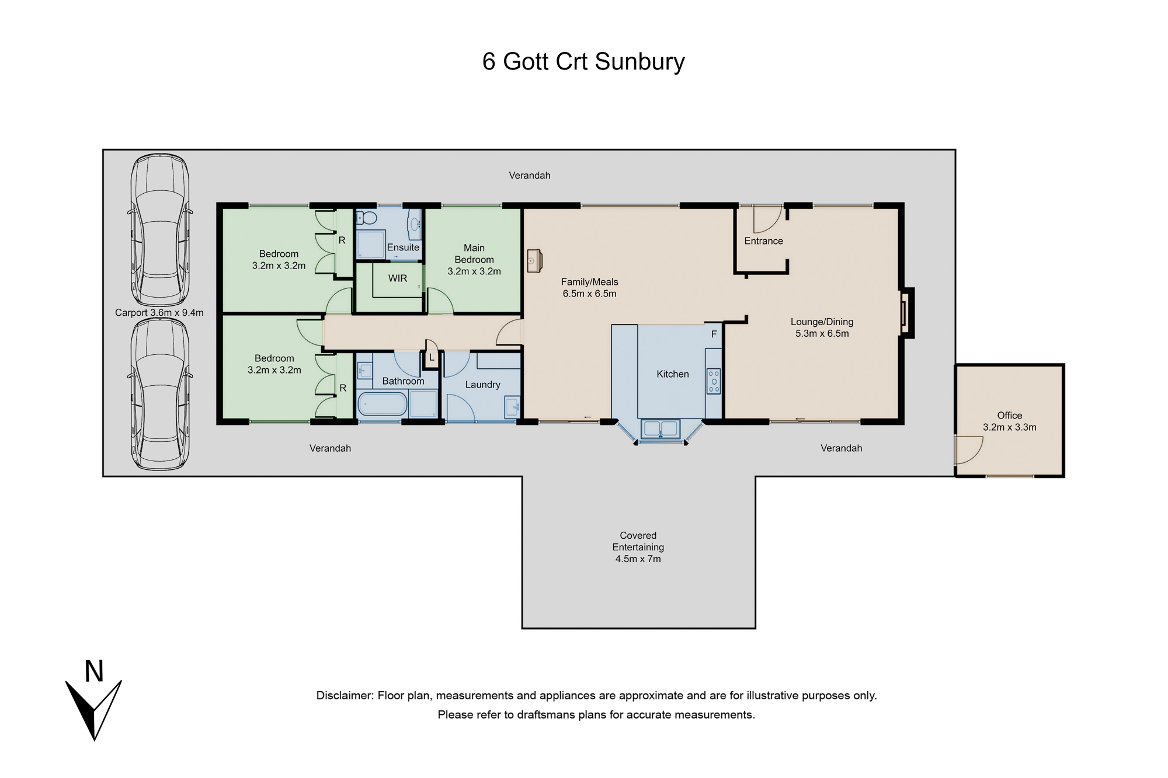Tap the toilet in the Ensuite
tap(366, 218)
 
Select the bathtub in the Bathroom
tap(383, 404)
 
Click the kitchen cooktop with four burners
tap(714, 381)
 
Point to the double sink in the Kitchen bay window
tap(660, 429)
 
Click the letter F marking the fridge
tap(714, 334)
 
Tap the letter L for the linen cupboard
tap(432, 358)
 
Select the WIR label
tap(398, 278)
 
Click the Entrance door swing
tap(766, 219)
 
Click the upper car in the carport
tap(159, 230)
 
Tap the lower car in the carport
tap(159, 395)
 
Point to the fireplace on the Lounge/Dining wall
tap(906, 313)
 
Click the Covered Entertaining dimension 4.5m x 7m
tap(638, 559)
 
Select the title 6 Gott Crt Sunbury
tap(583, 61)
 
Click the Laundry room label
tap(483, 385)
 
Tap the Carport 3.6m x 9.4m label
tap(159, 313)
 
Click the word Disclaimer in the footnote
tap(345, 696)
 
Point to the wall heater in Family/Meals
tap(534, 261)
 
